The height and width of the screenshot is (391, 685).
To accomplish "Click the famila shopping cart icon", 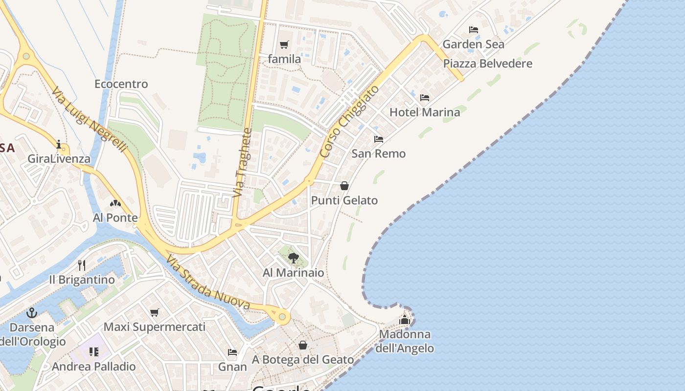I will pos(284,45).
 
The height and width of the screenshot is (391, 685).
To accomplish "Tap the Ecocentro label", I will pos(121,84).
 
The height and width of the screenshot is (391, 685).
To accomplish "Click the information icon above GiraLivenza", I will pos(59,144).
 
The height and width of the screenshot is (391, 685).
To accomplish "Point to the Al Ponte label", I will pos(115,217).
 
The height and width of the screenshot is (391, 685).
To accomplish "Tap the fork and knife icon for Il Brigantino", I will pos(82,265).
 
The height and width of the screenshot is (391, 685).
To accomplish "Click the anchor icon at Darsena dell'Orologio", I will pos(32,313).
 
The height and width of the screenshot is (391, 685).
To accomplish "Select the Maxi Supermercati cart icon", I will pos(155,312).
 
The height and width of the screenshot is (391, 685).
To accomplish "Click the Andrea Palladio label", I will pos(93,367).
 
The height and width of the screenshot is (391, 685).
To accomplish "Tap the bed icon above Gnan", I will pos(232,352).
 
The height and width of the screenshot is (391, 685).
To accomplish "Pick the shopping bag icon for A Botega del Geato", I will pos(303,346).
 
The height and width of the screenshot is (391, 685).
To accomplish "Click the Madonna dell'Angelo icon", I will pos(405,320).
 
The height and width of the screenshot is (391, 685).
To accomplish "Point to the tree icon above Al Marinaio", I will pos(294,258).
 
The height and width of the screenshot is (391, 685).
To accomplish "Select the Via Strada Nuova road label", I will pos(208,283).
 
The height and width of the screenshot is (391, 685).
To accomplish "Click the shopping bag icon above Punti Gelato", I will pos(344,186).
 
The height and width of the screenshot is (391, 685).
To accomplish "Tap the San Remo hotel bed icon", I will pos(379,139).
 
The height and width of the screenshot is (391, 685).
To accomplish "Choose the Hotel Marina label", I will pos(425,112).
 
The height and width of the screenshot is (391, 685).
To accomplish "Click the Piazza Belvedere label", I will pos(487,64).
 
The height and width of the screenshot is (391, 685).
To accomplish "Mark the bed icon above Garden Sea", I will pos(473,30).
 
